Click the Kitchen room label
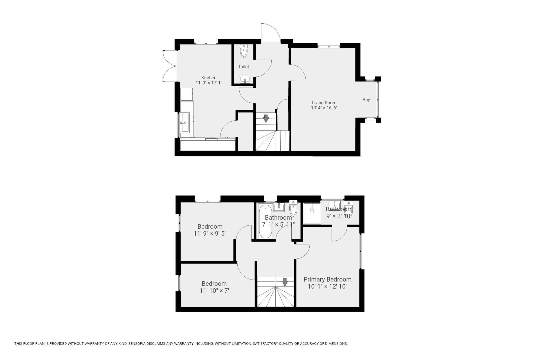click(209, 78)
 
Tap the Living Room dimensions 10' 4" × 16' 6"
click(324, 108)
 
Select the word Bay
click(366, 100)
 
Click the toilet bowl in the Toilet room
click(244, 51)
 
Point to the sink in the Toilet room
click(245, 80)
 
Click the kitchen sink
click(185, 122)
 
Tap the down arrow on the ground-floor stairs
click(266, 119)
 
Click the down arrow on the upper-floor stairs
click(285, 282)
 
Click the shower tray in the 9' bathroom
click(312, 213)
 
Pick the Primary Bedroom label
click(327, 279)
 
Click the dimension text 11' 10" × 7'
click(214, 291)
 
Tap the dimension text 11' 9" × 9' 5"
click(210, 233)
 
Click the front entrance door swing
click(271, 33)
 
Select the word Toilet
click(244, 67)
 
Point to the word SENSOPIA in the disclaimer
click(138, 343)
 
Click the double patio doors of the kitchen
click(170, 66)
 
